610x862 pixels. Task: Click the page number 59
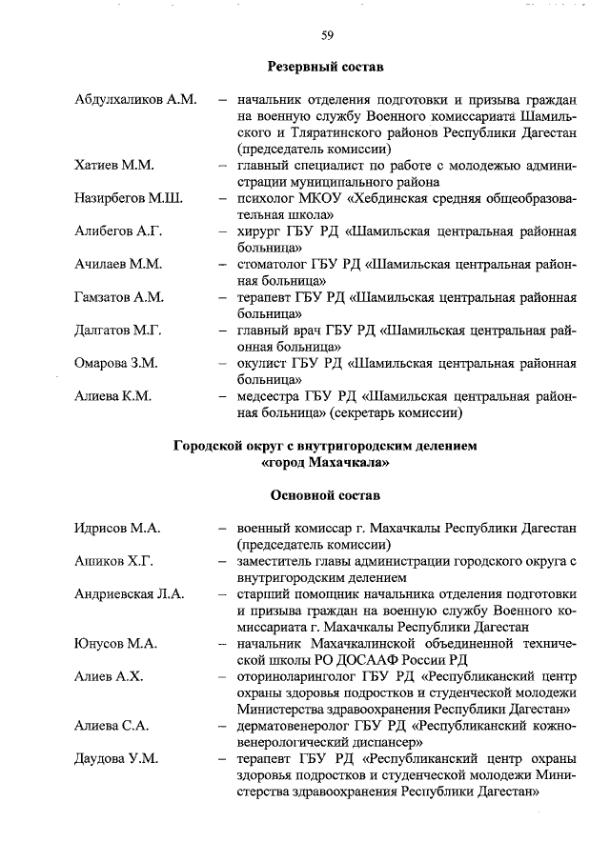click(326, 35)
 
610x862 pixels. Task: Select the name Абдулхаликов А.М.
click(135, 100)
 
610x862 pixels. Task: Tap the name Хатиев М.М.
click(114, 166)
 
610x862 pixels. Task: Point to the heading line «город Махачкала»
click(325, 462)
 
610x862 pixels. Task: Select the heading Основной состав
click(325, 495)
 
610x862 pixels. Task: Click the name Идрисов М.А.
click(117, 528)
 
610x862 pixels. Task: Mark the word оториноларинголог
click(296, 676)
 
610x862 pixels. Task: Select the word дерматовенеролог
click(293, 725)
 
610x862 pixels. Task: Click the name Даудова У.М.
click(116, 758)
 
